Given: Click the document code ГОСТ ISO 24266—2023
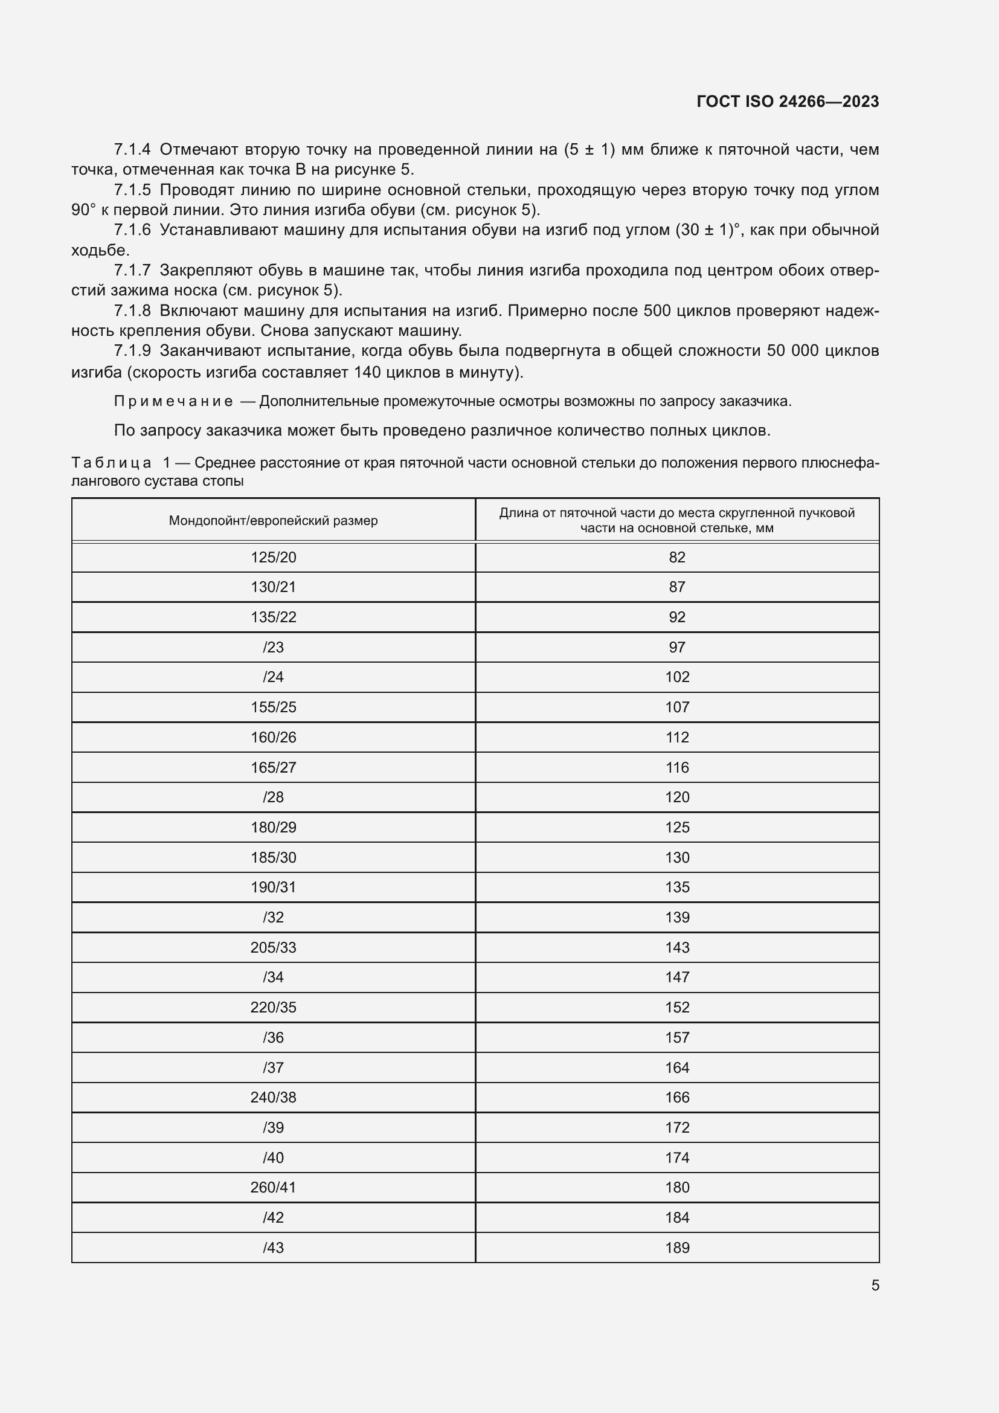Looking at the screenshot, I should click(x=788, y=101).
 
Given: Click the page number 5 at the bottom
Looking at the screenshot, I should click(x=875, y=1286).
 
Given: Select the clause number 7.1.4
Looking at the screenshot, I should click(x=132, y=150).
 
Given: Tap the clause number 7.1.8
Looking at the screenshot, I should click(x=132, y=311).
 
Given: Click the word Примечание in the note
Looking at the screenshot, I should click(x=173, y=402).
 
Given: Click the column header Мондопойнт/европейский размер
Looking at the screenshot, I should click(x=273, y=521).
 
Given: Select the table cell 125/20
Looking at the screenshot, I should click(x=273, y=558).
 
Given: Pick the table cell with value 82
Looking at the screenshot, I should click(x=676, y=558).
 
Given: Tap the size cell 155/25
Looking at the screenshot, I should click(x=273, y=707).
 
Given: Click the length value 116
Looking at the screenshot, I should click(x=676, y=767).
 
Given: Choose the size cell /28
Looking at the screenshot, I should click(x=273, y=797).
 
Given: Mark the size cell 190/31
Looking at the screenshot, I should click(x=273, y=887).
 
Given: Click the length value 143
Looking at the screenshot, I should click(x=676, y=948).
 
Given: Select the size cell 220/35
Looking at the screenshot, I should click(x=273, y=1008).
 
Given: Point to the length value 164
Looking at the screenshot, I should click(x=676, y=1067).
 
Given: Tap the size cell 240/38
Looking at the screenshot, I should click(x=273, y=1097).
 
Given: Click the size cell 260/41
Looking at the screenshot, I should click(x=273, y=1187).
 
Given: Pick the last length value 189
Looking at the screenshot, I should click(x=676, y=1247).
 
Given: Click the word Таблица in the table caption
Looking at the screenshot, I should click(x=111, y=463).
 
